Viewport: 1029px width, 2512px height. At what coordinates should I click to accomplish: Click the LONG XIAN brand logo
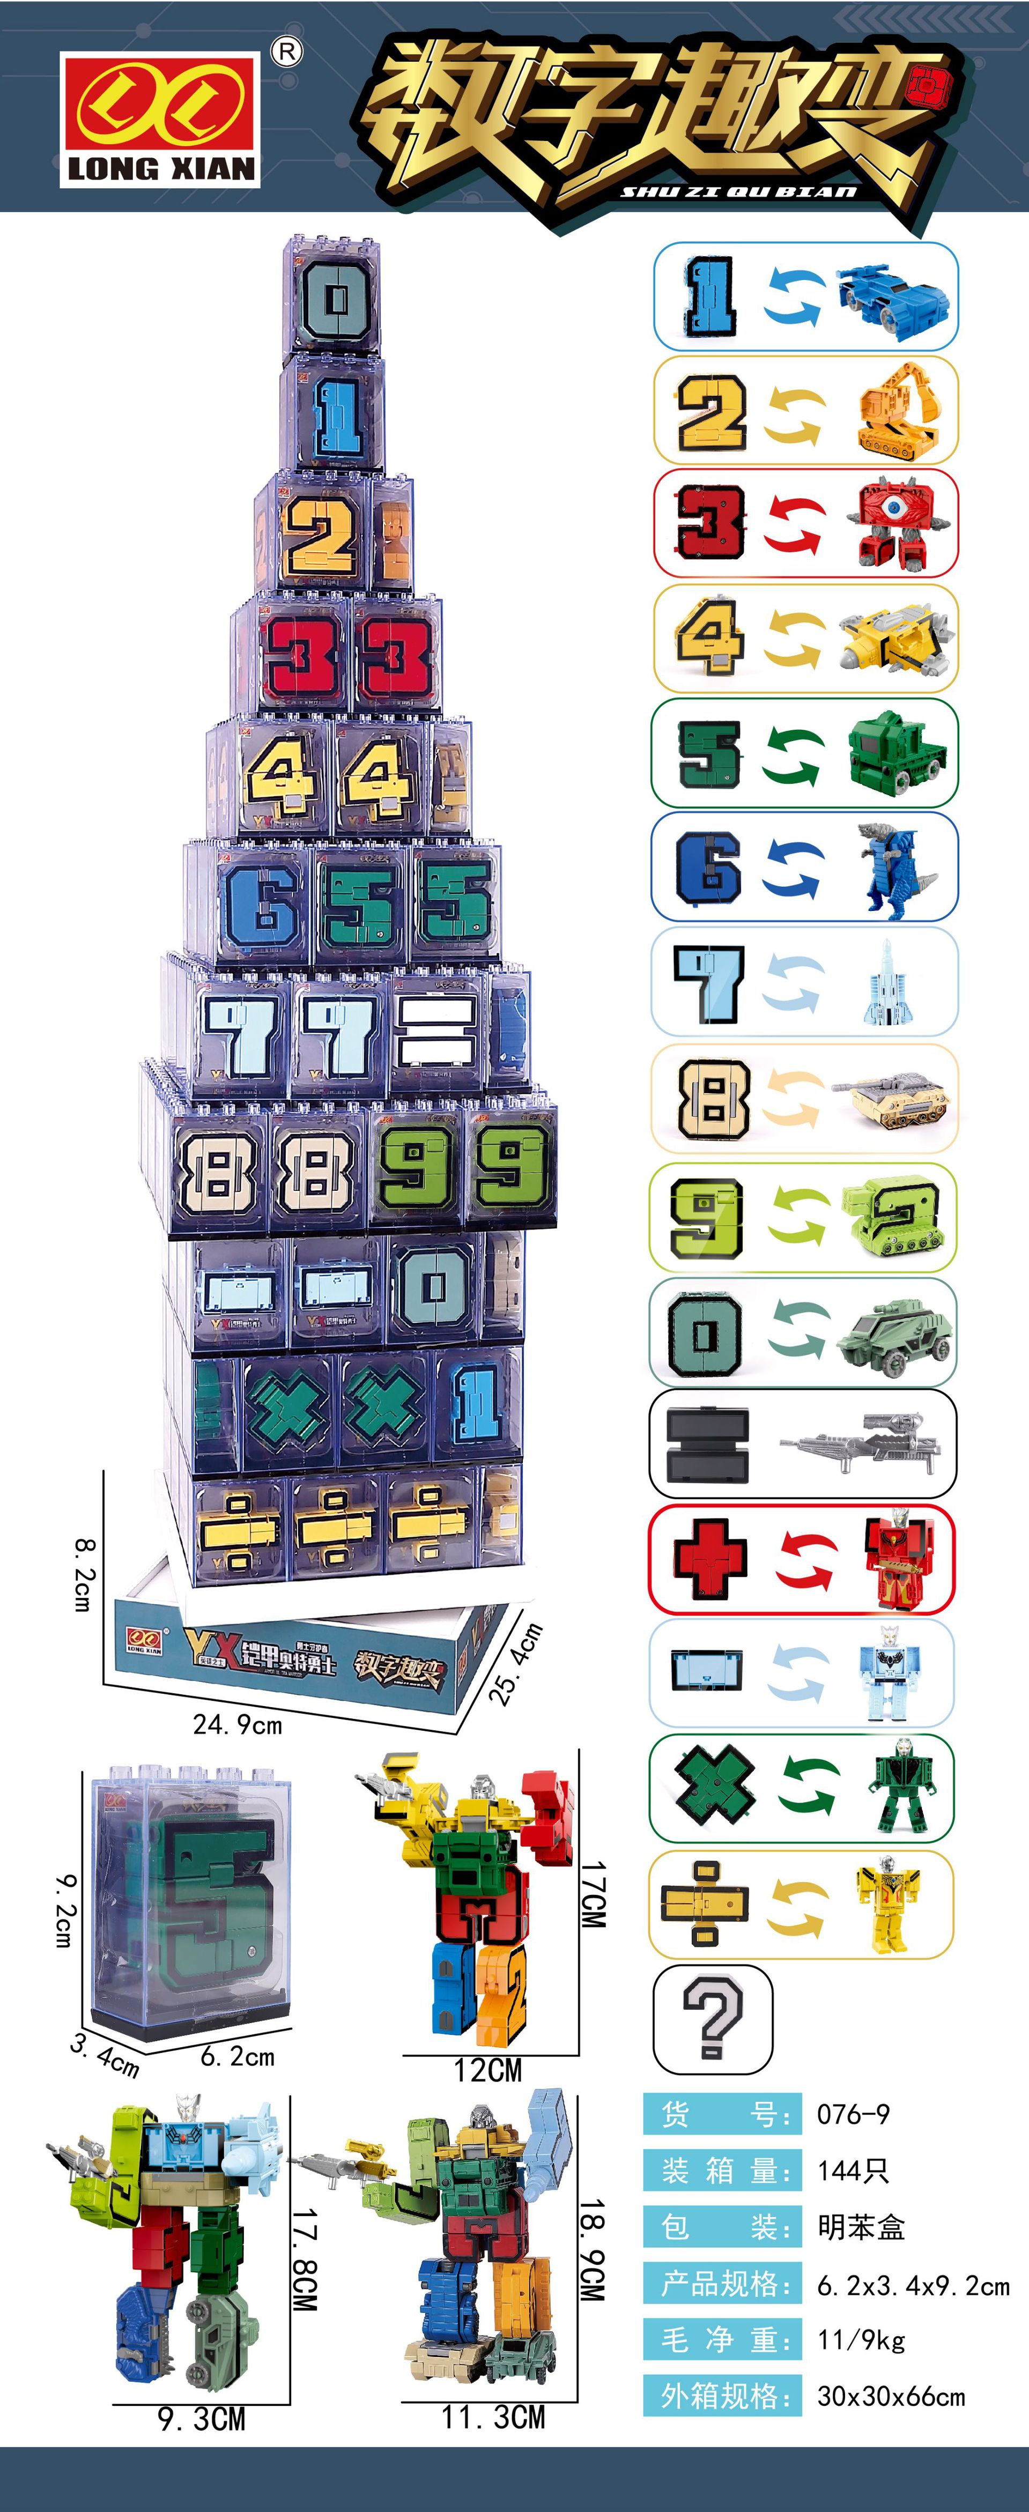[161, 119]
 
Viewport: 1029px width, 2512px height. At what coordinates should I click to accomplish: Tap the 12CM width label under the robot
[487, 2069]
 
